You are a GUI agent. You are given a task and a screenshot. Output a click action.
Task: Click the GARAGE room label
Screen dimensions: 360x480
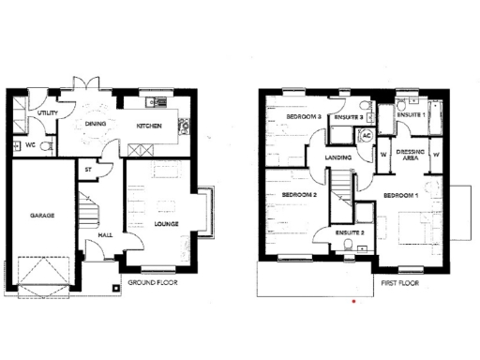(43, 215)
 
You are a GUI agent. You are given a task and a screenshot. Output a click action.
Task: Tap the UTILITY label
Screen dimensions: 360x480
(48, 113)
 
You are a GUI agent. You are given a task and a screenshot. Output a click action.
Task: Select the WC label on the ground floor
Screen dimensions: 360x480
(30, 146)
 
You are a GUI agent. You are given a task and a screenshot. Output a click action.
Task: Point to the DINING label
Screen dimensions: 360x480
(96, 124)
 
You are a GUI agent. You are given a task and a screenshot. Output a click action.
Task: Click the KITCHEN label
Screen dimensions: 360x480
(150, 125)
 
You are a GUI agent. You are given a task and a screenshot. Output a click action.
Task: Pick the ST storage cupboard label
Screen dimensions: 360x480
(89, 170)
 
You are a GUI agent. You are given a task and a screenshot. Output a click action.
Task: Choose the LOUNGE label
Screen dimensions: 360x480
(166, 224)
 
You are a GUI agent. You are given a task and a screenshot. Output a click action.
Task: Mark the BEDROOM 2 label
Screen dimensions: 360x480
(300, 195)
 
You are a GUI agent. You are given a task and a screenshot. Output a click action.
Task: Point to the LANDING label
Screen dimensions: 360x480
(337, 157)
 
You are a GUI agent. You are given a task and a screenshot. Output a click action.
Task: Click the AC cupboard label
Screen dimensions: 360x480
(367, 136)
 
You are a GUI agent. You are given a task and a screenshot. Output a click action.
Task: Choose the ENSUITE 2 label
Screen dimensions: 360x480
(348, 231)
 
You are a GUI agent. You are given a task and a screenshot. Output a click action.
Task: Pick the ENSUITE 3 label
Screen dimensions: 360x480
(349, 116)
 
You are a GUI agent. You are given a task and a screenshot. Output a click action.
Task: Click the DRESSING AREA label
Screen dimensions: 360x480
(411, 155)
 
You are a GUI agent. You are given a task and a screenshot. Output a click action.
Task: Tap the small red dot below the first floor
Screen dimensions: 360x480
(352, 302)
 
